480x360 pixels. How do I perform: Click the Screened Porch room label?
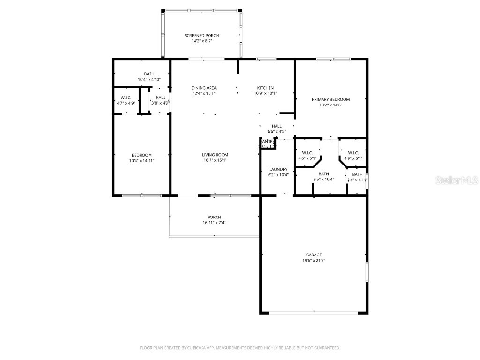pyautogui.click(x=202, y=36)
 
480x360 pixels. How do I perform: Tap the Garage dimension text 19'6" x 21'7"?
pyautogui.click(x=314, y=260)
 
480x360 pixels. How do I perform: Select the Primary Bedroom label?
pyautogui.click(x=330, y=99)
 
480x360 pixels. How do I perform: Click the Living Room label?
pyautogui.click(x=215, y=155)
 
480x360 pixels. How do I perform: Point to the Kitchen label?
pyautogui.click(x=265, y=88)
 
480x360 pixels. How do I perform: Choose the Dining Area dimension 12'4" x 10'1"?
pyautogui.click(x=204, y=93)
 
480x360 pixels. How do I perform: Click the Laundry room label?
pyautogui.click(x=278, y=169)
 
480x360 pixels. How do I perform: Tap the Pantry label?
pyautogui.click(x=268, y=141)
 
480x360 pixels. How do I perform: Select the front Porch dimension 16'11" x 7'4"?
pyautogui.click(x=214, y=223)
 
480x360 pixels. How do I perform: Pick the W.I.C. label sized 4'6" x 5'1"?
pyautogui.click(x=307, y=153)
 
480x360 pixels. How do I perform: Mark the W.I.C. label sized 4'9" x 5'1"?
pyautogui.click(x=353, y=153)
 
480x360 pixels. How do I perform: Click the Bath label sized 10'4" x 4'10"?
pyautogui.click(x=149, y=74)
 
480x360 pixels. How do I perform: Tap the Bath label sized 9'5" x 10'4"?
pyautogui.click(x=323, y=174)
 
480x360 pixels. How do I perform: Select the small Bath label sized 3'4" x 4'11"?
pyautogui.click(x=357, y=174)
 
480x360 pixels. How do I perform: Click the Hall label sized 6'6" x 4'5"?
pyautogui.click(x=277, y=126)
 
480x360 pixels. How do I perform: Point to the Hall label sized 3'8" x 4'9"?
pyautogui.click(x=160, y=97)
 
